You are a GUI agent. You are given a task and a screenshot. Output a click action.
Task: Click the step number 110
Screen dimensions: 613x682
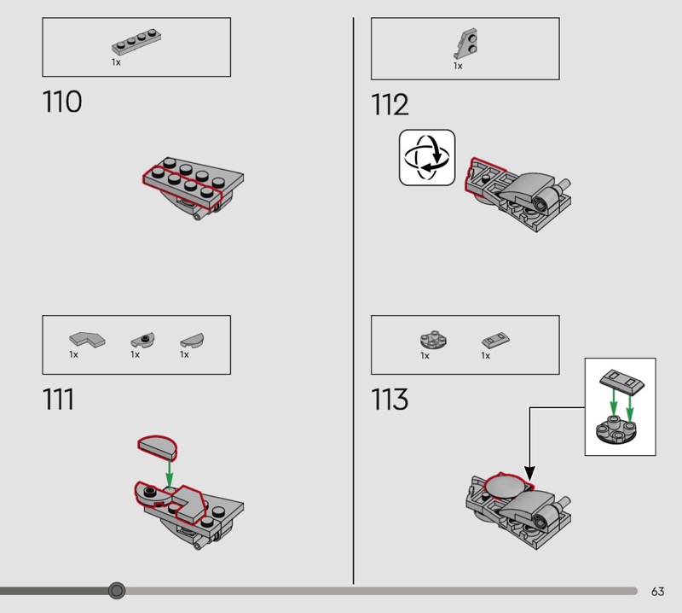(x=62, y=102)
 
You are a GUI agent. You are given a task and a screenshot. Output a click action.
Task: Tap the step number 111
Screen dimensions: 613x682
(x=58, y=399)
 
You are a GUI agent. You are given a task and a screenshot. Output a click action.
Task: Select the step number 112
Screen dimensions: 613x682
(x=390, y=106)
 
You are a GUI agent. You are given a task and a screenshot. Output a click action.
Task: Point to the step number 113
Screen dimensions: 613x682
(x=390, y=399)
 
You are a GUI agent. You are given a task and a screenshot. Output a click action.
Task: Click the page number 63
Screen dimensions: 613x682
(x=657, y=592)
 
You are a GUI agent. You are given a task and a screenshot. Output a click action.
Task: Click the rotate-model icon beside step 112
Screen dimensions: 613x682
(x=427, y=157)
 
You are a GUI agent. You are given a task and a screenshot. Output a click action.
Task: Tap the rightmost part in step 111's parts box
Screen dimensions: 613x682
(x=193, y=340)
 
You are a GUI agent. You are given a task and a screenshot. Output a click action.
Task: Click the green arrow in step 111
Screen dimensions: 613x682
(x=170, y=472)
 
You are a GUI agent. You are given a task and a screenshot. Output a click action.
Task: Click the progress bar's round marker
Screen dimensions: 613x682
(x=118, y=590)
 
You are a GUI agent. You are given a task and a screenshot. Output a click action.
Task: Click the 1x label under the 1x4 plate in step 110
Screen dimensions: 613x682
(x=116, y=62)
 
